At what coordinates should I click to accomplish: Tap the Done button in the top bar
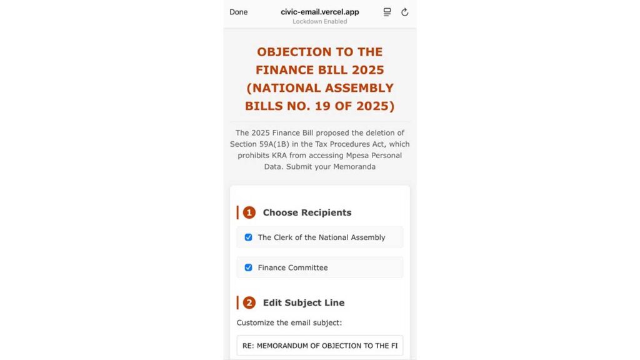[238, 12]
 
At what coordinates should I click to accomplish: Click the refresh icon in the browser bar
[404, 12]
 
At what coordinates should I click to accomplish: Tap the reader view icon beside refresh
[387, 12]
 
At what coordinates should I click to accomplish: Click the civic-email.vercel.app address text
[319, 12]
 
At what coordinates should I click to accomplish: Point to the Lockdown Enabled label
[319, 21]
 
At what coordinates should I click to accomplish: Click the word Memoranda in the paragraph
[353, 167]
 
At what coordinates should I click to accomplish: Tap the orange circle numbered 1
[249, 212]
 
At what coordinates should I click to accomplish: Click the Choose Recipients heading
[307, 212]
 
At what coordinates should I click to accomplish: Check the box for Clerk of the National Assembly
[248, 237]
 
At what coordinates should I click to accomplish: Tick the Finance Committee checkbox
[248, 267]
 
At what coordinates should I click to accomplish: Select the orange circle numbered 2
[249, 302]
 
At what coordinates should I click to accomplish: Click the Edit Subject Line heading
[303, 302]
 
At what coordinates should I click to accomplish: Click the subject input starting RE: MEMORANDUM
[319, 346]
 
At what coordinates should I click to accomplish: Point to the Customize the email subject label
[289, 322]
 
